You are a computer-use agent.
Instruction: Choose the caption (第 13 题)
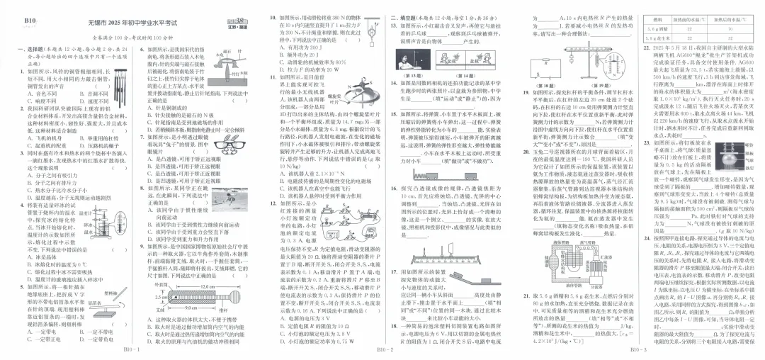pyautogui.click(x=411, y=74)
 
